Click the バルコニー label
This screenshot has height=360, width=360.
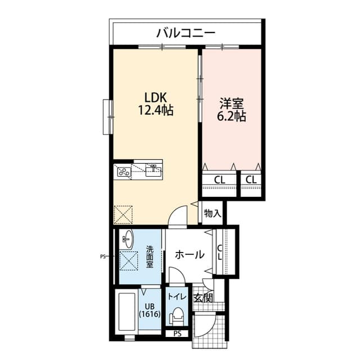pos(186,33)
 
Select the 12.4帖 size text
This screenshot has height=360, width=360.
pos(155,110)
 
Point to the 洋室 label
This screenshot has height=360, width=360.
pos(232,103)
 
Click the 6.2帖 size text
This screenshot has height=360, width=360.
pos(232,117)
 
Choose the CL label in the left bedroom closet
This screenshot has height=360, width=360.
pos(220,180)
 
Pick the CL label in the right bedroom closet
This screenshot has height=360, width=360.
pos(251,180)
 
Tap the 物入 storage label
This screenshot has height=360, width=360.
pos(213,214)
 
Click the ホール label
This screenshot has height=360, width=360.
pos(190,255)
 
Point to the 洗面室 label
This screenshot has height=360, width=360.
pos(150,257)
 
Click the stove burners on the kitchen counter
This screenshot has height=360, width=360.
pos(123,172)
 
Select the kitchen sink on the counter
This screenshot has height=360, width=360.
pos(152,170)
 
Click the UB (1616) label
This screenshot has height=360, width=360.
pos(150,310)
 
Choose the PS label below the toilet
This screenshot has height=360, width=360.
pos(178,334)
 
